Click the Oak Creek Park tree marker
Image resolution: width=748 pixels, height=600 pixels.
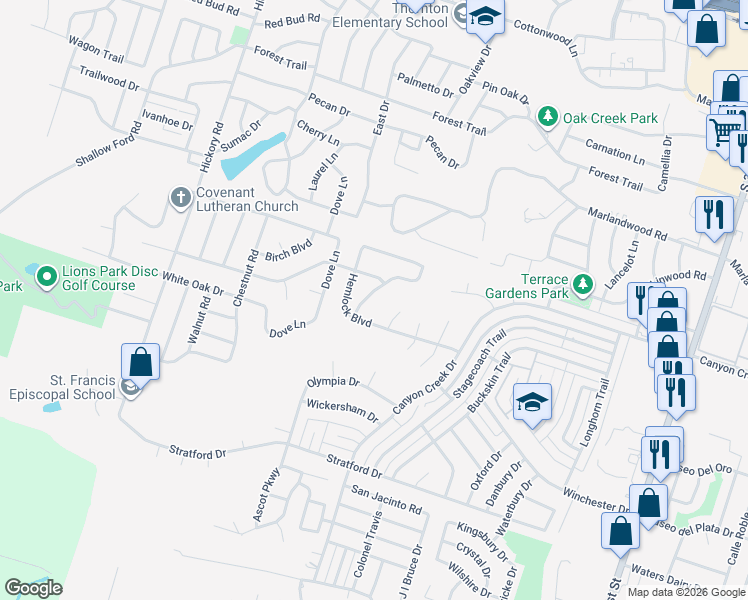548,118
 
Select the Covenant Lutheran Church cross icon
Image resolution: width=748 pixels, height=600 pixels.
181,197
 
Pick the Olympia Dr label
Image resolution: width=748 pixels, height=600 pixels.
332,382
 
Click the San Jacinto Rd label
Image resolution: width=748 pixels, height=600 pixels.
386,500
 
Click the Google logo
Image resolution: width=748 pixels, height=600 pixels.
33,588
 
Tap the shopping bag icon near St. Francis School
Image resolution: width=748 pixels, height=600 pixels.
141,362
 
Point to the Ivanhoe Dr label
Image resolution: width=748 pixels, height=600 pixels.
166,121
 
